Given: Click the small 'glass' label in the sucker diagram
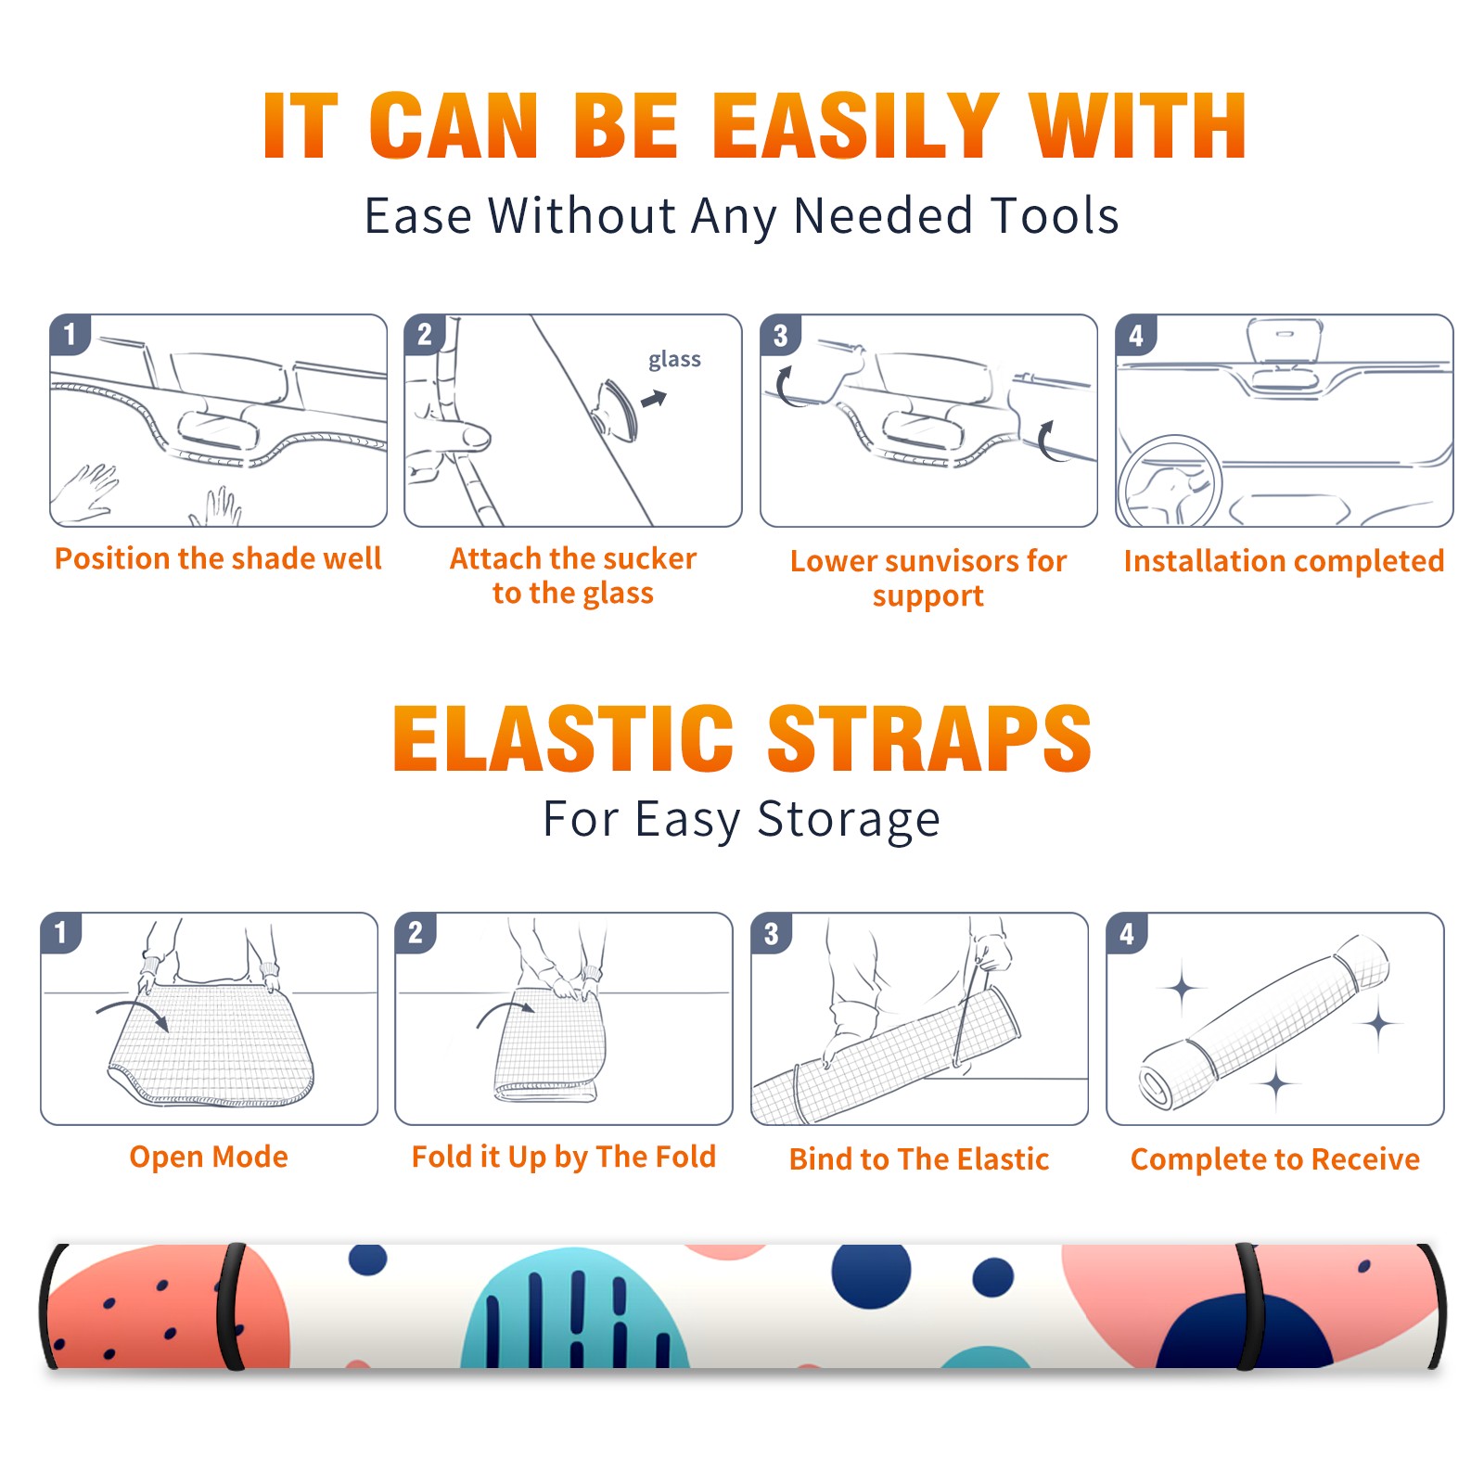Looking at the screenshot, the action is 674,360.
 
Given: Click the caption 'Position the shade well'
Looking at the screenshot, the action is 218,558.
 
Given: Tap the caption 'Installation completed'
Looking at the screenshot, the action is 1284,561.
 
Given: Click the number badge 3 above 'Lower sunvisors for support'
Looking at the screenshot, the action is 780,336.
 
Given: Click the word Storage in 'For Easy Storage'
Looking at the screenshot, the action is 849,821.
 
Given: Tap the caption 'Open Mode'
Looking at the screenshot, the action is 209,1158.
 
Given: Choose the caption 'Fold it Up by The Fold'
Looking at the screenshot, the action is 564,1158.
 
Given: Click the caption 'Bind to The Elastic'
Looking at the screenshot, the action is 918,1159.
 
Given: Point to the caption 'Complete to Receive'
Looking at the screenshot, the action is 1274,1159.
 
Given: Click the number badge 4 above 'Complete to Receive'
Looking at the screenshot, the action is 1127,933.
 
